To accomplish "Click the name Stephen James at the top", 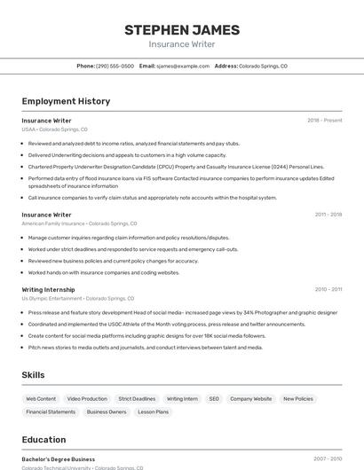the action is click(181, 29).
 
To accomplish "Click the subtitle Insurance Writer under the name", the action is click(181, 43).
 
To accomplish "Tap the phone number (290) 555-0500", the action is click(115, 66).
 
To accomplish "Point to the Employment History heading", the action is click(66, 101).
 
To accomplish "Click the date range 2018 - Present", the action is click(324, 120).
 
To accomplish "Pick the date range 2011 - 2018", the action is click(328, 215).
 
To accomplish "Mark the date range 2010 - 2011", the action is click(328, 289).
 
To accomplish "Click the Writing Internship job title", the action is click(48, 289).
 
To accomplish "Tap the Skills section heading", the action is click(33, 375).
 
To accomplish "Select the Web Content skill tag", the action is click(41, 399).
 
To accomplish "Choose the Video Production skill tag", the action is click(87, 399).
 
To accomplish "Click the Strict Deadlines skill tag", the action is click(137, 399).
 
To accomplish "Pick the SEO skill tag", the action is click(214, 399).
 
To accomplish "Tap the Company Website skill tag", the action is click(251, 399).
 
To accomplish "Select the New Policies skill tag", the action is click(298, 399).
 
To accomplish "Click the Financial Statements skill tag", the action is click(51, 411).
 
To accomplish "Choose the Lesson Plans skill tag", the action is click(153, 411).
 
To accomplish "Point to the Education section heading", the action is click(44, 440).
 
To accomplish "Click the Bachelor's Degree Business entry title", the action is click(59, 459).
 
